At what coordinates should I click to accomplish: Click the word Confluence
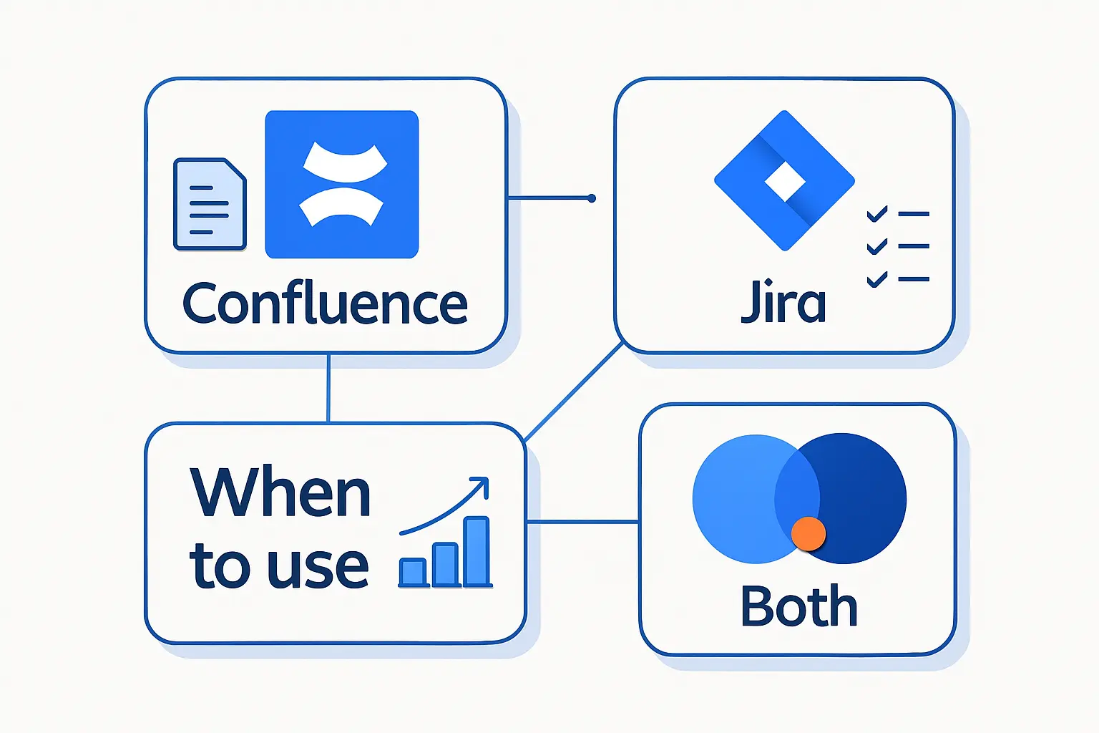coord(325,304)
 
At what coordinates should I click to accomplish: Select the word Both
coord(798,606)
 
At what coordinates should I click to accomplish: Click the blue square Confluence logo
coord(341,184)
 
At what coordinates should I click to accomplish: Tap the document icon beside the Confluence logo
coord(210,204)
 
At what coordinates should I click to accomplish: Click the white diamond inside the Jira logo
coord(785,182)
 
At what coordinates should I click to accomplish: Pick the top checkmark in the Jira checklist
coord(876,214)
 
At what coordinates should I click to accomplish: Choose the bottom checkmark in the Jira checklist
coord(876,279)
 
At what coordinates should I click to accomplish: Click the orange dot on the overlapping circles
coord(809,534)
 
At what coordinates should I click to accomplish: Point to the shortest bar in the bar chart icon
coord(413,573)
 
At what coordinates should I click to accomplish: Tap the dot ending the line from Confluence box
coord(591,198)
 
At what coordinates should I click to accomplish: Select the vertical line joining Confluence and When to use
coord(328,388)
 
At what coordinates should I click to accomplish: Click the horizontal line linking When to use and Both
coord(582,522)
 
